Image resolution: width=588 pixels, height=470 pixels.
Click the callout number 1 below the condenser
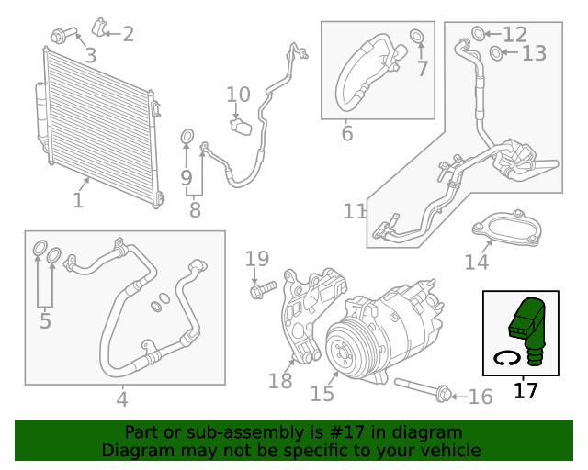point(78,199)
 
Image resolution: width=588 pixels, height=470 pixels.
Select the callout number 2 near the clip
point(128,34)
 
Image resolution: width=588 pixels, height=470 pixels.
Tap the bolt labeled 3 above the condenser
point(62,37)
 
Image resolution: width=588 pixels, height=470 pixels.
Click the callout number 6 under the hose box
point(346,134)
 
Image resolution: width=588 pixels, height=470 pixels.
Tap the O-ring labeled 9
point(187,139)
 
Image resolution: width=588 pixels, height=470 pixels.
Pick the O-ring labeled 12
point(479,34)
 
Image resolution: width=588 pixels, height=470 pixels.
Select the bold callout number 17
point(525,390)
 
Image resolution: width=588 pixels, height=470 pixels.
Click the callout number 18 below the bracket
point(280,379)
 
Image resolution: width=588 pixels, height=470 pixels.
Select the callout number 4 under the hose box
point(122,399)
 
